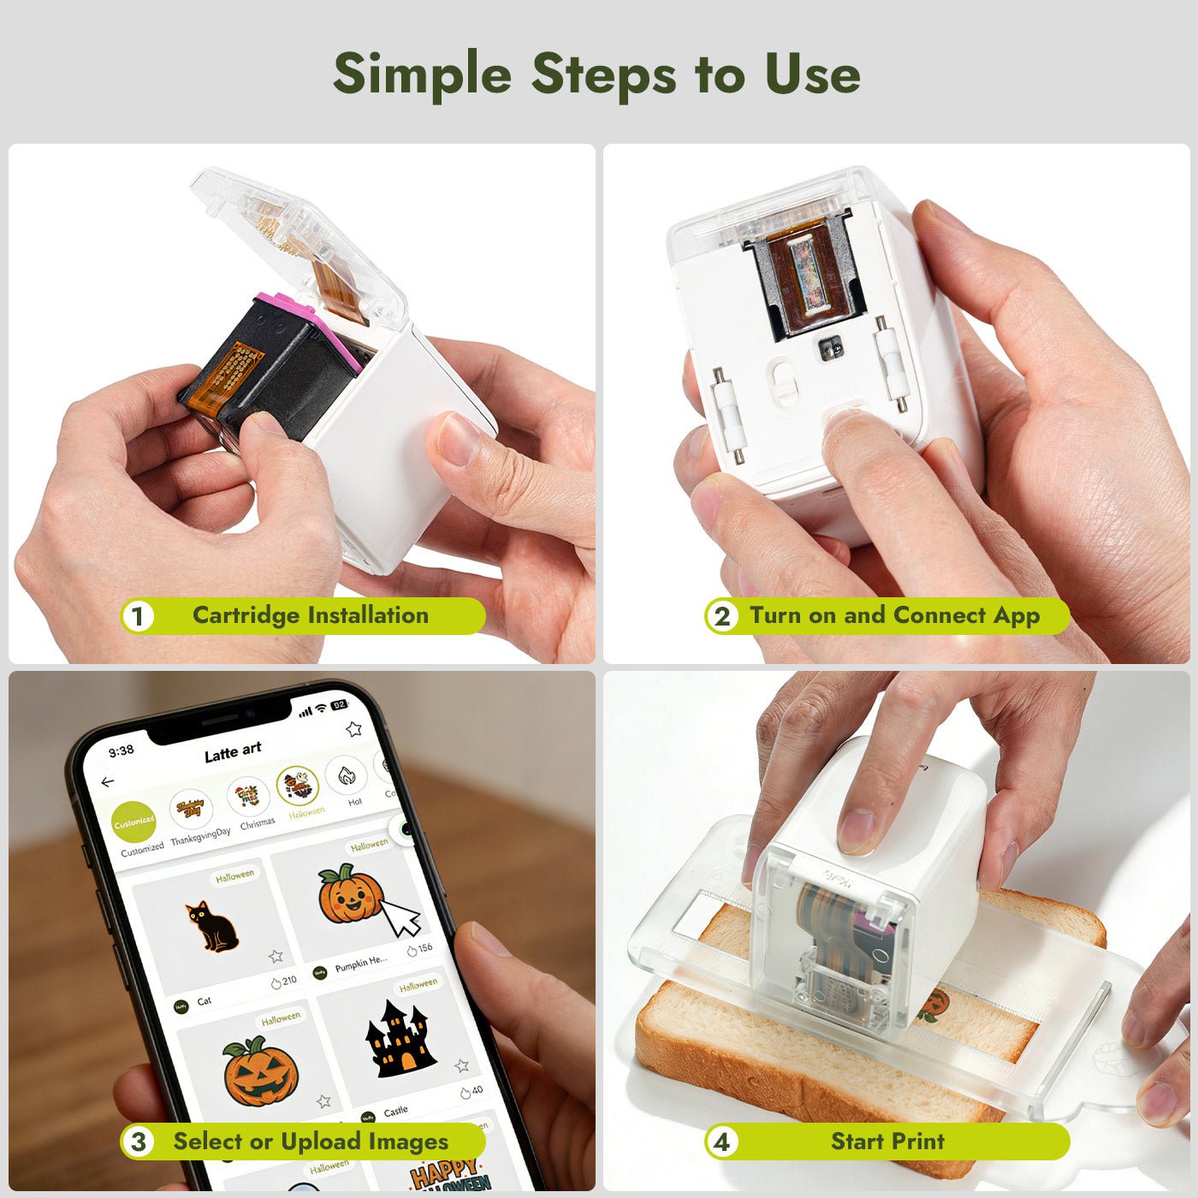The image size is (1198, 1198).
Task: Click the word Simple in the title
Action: (x=422, y=74)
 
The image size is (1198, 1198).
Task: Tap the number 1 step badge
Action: (x=138, y=616)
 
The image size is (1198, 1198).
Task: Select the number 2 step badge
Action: (x=722, y=616)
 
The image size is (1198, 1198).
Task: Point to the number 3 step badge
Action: (x=138, y=1142)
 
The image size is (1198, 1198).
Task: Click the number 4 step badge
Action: (x=722, y=1142)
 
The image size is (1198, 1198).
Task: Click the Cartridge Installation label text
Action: (x=310, y=615)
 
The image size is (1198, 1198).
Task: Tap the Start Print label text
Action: (x=887, y=1141)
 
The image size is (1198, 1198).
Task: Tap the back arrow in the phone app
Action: (x=108, y=782)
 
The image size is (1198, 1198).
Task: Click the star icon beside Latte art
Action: (x=353, y=729)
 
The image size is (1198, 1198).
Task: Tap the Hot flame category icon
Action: (x=347, y=776)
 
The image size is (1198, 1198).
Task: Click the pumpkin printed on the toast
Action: (x=935, y=1003)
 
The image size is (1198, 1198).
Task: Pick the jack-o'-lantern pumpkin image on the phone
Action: (x=261, y=1071)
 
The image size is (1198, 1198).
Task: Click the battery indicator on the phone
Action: (x=339, y=705)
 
